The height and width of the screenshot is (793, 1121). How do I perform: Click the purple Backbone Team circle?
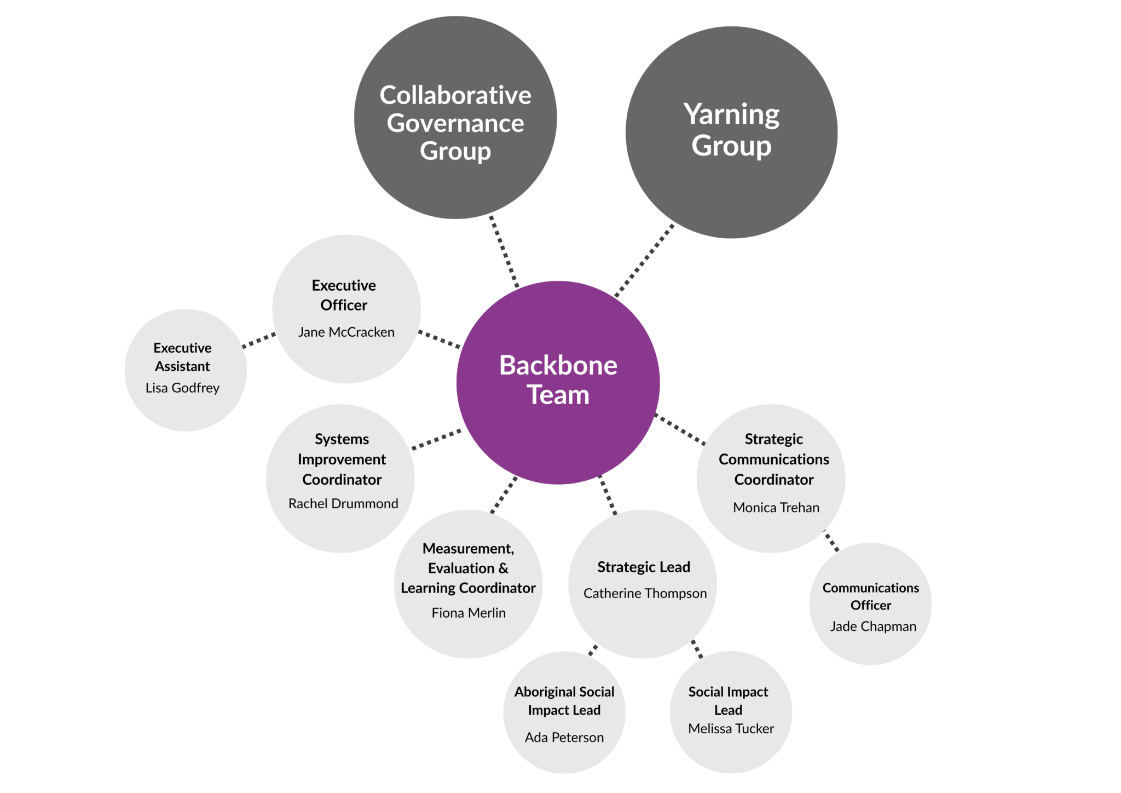tap(558, 380)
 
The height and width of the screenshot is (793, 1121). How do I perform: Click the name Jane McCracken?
tap(346, 332)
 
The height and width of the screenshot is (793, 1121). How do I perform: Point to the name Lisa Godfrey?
tap(182, 388)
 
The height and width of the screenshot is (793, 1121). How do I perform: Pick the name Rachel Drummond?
tap(343, 503)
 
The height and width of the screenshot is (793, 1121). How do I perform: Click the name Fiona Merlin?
tap(469, 613)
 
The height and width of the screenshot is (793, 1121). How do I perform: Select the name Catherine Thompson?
tap(645, 593)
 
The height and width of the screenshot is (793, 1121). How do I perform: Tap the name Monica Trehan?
tap(776, 508)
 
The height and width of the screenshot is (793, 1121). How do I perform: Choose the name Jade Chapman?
tap(873, 627)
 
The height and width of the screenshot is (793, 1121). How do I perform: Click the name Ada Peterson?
tap(564, 737)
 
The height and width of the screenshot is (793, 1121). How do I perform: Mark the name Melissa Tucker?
tap(731, 728)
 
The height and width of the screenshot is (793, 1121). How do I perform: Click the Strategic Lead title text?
tap(644, 567)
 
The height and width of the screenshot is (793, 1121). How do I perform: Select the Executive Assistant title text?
tap(182, 357)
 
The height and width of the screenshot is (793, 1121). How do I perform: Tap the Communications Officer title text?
tap(871, 596)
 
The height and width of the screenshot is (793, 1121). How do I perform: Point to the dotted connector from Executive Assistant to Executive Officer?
tap(259, 340)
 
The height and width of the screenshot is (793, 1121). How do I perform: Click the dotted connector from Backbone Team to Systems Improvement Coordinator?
tap(436, 440)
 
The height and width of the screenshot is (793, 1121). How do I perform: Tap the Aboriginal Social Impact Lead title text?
tap(564, 701)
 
